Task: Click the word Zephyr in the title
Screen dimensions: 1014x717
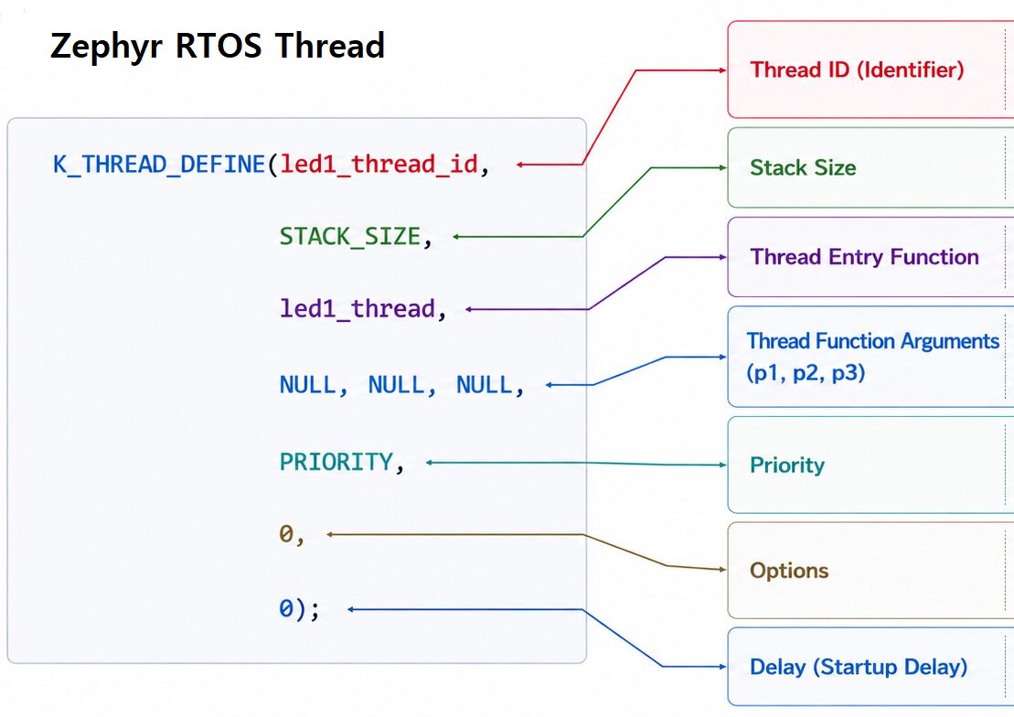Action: tap(106, 47)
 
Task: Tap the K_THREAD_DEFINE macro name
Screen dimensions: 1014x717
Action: tap(158, 165)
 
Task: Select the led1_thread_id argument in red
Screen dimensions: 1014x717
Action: tap(379, 165)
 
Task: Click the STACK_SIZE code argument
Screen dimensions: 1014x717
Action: tap(350, 237)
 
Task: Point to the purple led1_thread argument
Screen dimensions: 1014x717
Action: tap(357, 309)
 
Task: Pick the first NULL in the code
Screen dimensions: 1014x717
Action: tap(307, 385)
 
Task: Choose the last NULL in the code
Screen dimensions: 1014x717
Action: tap(485, 385)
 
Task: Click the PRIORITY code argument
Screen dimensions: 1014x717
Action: tap(336, 462)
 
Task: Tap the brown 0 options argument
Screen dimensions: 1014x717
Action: tap(286, 534)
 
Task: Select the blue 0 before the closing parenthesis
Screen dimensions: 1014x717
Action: tap(286, 609)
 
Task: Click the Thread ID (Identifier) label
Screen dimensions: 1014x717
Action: tap(857, 70)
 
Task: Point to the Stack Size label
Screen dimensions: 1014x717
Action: tap(803, 167)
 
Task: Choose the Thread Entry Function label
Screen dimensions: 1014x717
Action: tap(865, 257)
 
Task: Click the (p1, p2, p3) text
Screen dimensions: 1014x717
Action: tap(806, 373)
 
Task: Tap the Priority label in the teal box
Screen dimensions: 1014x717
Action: tap(787, 466)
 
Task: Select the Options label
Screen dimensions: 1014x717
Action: tap(789, 571)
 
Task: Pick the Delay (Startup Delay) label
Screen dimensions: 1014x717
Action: tap(859, 667)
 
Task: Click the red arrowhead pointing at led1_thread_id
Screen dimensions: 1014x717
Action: tap(520, 165)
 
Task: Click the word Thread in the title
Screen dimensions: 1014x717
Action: tap(330, 46)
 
